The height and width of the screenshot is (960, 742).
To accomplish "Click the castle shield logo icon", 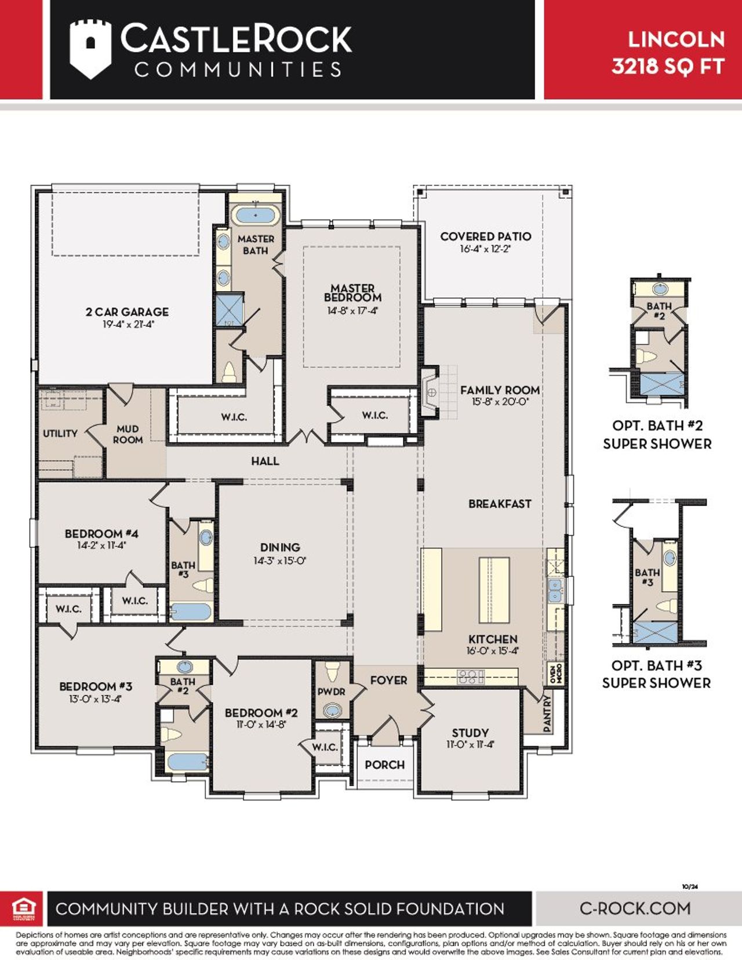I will coord(90,49).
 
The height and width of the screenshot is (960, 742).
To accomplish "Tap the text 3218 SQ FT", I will coord(668,66).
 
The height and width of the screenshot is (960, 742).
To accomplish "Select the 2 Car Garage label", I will coord(127,312).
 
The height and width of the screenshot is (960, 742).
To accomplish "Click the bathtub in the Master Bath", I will coord(256,215).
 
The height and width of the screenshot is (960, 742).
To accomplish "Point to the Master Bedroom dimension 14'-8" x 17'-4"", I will coord(352,311).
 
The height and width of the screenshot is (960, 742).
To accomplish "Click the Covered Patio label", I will coord(485,237).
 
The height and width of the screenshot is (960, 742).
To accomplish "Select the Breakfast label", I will coord(500,504).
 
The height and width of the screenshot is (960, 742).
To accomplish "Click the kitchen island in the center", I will coord(494,590).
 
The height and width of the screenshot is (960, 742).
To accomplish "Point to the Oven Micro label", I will coord(555,674).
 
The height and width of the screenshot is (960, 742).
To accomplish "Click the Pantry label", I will coord(548,713).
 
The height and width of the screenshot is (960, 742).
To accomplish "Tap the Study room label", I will coord(470,733).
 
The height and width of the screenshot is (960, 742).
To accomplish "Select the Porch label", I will coord(384,765).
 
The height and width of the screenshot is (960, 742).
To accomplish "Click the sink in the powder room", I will coord(332,710).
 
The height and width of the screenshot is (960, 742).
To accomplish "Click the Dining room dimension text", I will coord(279,561).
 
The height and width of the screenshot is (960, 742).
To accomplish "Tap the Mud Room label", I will coord(128,434).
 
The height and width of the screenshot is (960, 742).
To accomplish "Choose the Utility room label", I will coord(60,433).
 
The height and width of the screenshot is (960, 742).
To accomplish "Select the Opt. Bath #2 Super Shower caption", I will coord(657,435).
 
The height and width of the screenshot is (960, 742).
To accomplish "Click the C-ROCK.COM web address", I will coord(635,908).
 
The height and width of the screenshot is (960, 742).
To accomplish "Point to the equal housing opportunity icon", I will coord(24,908).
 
